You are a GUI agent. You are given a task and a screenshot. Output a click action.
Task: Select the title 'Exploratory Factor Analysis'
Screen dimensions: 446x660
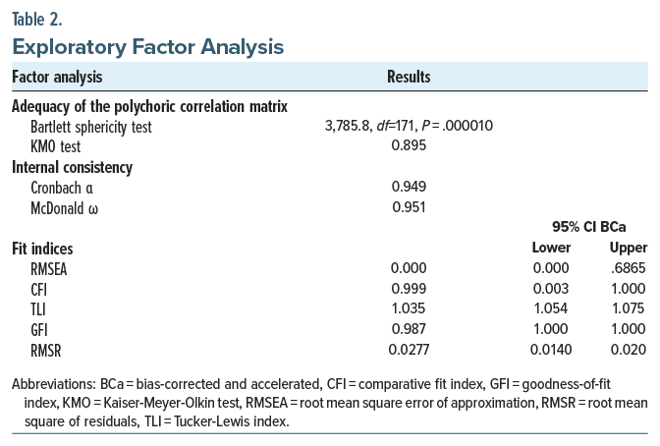click(x=147, y=45)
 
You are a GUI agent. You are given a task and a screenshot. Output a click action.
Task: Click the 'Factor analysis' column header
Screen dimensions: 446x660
click(x=57, y=77)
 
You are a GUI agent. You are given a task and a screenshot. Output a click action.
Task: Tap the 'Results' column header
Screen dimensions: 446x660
click(x=409, y=77)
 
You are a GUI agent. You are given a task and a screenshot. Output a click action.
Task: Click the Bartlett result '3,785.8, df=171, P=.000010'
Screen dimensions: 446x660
click(x=408, y=126)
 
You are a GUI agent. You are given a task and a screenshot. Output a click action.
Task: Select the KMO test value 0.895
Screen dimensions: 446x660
click(x=409, y=145)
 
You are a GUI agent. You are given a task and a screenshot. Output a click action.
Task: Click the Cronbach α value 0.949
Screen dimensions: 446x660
click(x=409, y=187)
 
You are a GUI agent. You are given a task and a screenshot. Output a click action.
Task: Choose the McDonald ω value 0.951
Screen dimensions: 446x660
click(x=409, y=206)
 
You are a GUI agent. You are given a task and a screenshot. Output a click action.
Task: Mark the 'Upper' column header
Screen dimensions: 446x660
click(x=628, y=248)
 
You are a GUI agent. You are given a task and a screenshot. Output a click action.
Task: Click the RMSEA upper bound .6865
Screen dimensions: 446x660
click(x=629, y=267)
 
